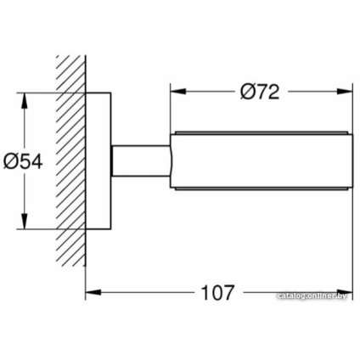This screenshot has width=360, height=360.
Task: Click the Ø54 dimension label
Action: click(x=23, y=160)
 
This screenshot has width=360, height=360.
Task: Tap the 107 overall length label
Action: click(x=217, y=293)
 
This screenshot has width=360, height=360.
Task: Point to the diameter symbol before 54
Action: click(x=11, y=160)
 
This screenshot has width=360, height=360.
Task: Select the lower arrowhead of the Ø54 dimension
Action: click(x=25, y=222)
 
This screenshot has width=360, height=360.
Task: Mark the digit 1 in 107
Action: click(x=204, y=293)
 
